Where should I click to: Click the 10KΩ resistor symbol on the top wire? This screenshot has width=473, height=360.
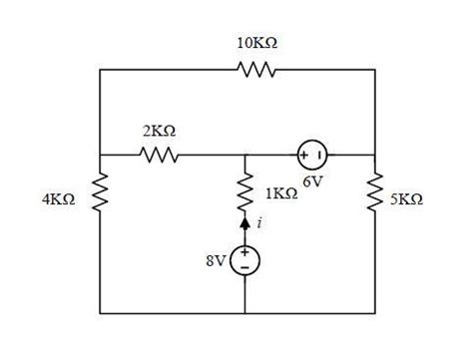255,70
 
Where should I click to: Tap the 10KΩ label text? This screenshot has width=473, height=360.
256,43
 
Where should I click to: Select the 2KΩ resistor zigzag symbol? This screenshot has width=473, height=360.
160,155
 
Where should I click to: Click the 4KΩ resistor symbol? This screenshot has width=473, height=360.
101,198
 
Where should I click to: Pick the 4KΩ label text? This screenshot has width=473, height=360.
58,199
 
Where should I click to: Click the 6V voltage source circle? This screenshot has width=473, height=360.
311,155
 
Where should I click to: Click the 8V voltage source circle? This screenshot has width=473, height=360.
244,259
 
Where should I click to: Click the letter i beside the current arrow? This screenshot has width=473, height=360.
259,225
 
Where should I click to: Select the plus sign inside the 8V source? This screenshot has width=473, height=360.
244,252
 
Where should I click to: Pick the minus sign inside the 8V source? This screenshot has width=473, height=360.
244,267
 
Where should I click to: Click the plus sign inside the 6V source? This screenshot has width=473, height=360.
303,155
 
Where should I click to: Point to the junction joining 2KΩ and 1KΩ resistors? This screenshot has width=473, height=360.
244,155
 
